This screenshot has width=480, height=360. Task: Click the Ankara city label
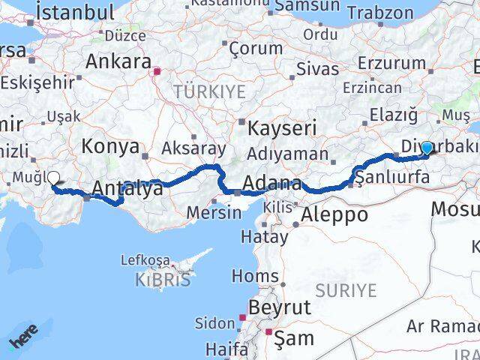click(118, 61)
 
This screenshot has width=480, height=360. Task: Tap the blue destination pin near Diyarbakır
click(427, 148)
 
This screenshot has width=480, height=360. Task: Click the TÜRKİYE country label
click(199, 91)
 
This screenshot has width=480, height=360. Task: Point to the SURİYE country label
click(346, 289)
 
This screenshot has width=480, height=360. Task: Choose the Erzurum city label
click(388, 62)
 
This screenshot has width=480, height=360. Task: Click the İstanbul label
click(75, 12)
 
